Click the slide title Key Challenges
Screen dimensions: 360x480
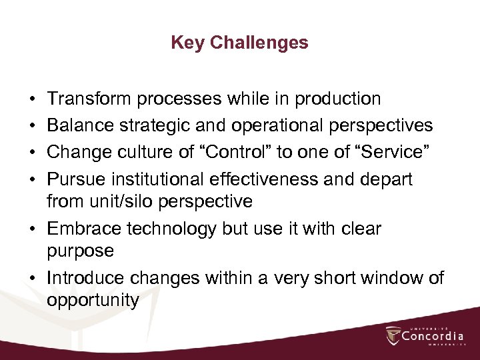(239, 43)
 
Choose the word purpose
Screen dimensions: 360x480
(80, 252)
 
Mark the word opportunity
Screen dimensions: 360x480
(93, 301)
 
